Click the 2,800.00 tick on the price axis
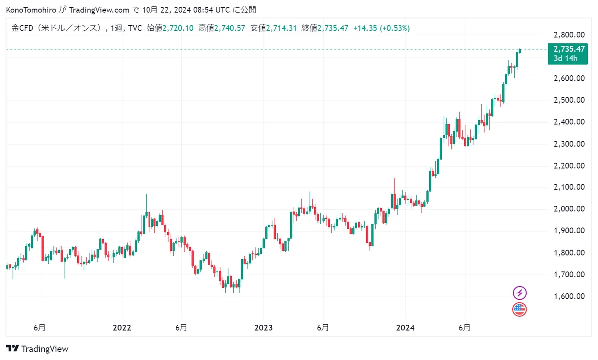click(x=569, y=35)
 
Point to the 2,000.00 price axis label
click(x=569, y=209)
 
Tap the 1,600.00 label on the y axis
click(x=569, y=296)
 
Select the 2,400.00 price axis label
click(x=569, y=122)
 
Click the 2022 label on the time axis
click(x=122, y=328)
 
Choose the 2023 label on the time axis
click(x=263, y=328)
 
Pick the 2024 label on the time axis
click(x=405, y=328)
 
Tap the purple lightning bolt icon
click(x=519, y=293)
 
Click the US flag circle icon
click(x=519, y=309)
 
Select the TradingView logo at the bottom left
click(x=37, y=348)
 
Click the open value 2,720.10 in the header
click(x=178, y=28)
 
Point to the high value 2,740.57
click(x=230, y=28)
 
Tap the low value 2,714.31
click(x=281, y=28)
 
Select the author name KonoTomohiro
click(x=31, y=10)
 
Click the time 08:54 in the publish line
click(x=203, y=10)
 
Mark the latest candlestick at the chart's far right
click(x=520, y=51)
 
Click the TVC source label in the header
click(x=135, y=28)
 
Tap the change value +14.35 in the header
click(x=365, y=28)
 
